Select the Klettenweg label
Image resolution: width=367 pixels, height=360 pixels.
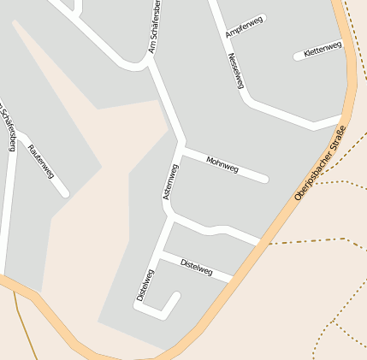click(x=323, y=50)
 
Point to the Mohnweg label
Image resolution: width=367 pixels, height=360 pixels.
click(x=222, y=164)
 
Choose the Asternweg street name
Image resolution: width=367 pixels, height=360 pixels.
click(x=170, y=182)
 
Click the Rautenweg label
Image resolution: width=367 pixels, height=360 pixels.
click(x=41, y=161)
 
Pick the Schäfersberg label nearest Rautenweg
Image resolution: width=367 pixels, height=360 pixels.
click(x=8, y=127)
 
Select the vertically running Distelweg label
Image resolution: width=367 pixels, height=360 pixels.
click(x=145, y=286)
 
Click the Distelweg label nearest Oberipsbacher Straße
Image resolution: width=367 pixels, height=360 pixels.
click(x=197, y=267)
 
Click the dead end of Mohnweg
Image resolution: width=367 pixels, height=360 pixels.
click(x=265, y=179)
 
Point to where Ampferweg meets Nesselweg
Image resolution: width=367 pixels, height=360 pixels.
click(x=224, y=36)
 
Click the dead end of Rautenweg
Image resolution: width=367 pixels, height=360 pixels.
click(x=65, y=193)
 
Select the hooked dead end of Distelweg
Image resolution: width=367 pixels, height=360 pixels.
click(x=177, y=296)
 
